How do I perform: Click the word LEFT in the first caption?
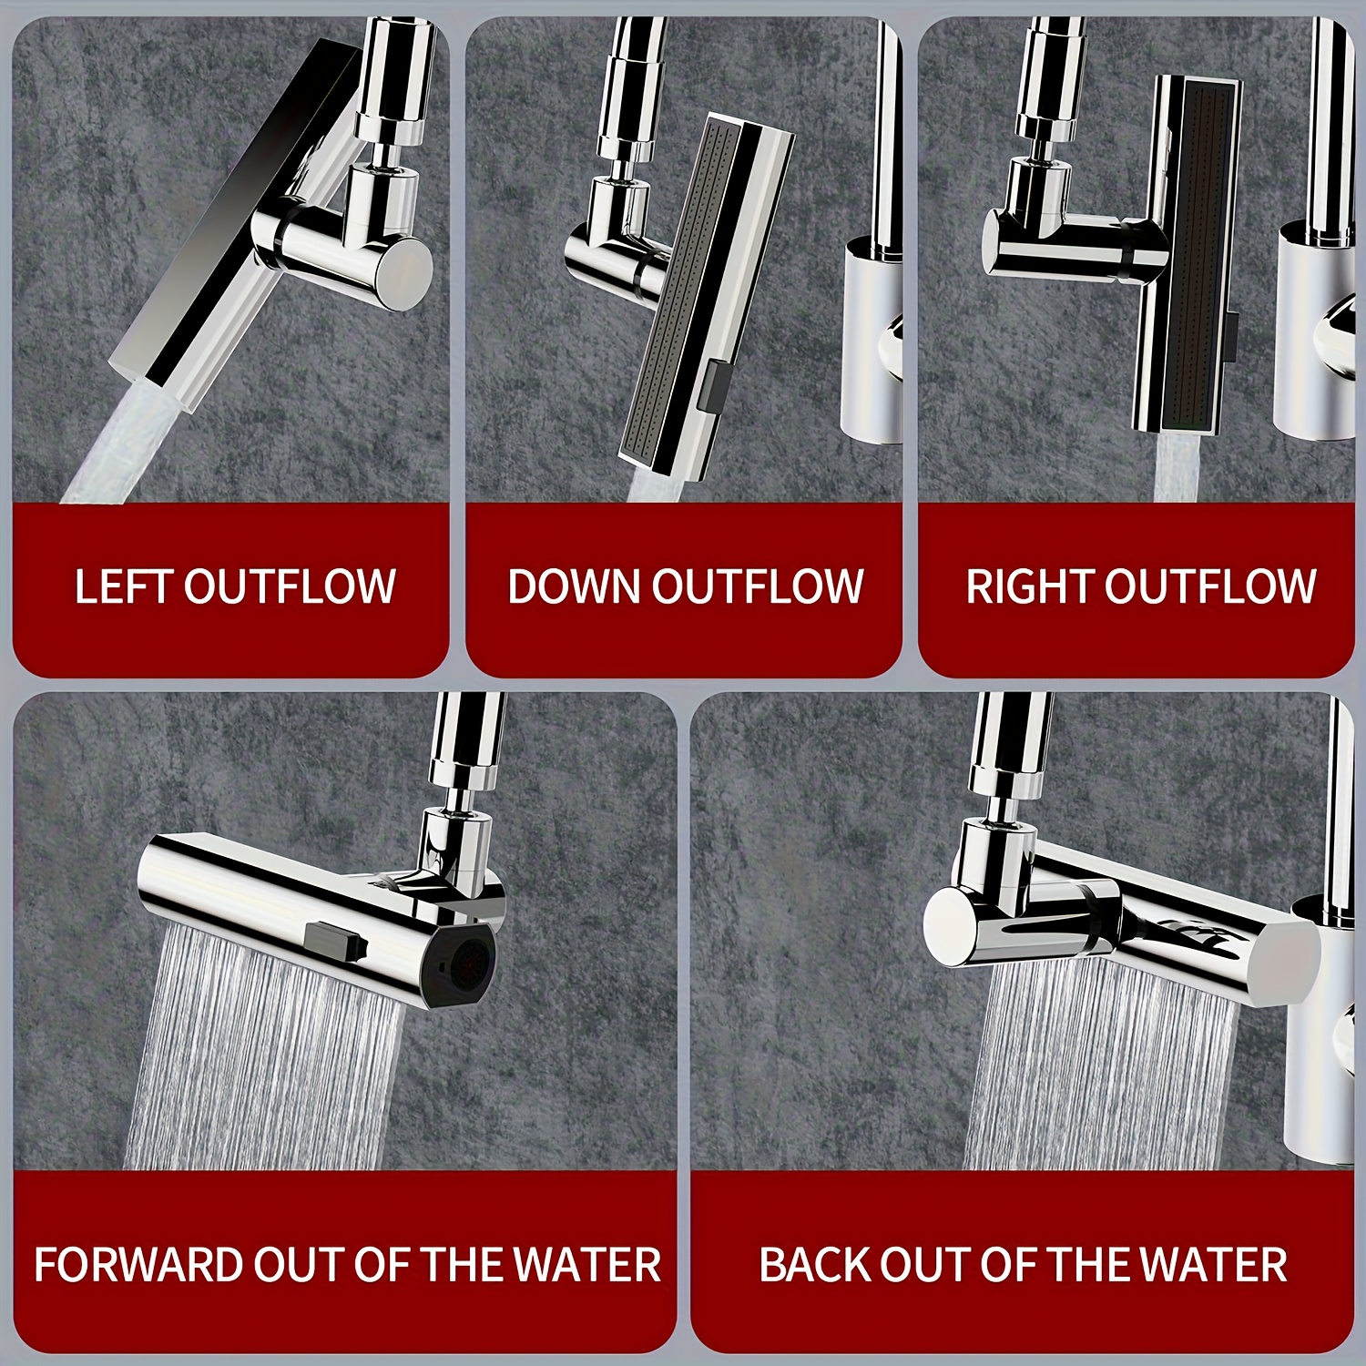[125, 586]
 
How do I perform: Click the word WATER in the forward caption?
[586, 1265]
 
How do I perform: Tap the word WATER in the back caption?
[1213, 1265]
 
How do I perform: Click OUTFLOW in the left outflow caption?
[290, 586]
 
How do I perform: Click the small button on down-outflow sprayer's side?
[717, 384]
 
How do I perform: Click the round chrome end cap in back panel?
[952, 928]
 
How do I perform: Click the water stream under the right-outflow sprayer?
[1179, 466]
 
